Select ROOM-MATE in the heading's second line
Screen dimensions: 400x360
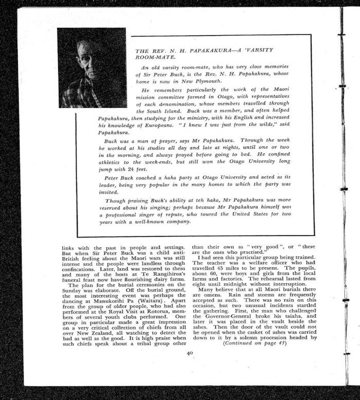pyautogui.click(x=152, y=58)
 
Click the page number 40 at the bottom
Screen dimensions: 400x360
pyautogui.click(x=189, y=353)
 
